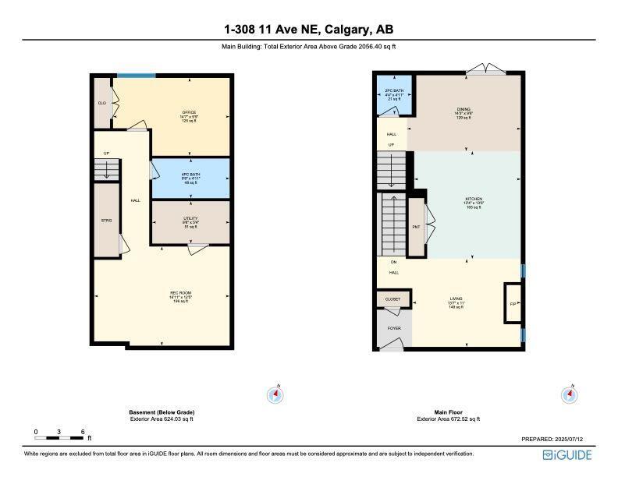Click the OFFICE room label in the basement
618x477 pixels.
189,112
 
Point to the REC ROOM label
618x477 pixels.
181,292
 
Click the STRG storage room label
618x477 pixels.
106,221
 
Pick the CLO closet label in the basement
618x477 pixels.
101,102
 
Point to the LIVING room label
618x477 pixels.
456,298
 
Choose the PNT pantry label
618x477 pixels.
416,227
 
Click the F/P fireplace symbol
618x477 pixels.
513,303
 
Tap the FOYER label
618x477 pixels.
395,328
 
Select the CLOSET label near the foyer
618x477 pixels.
392,299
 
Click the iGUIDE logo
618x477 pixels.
568,454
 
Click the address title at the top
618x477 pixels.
308,30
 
